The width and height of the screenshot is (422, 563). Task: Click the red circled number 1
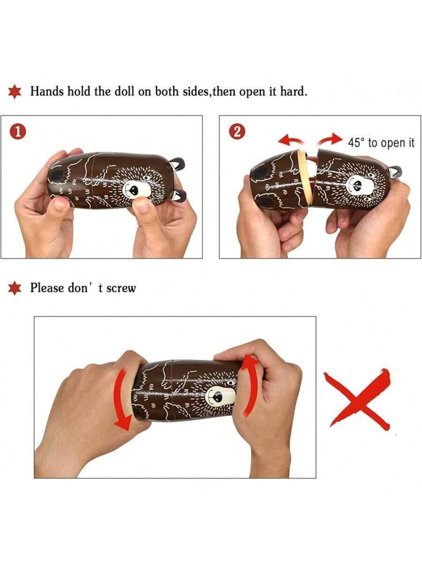click(x=18, y=132)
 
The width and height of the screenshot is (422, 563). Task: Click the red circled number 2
click(x=237, y=132)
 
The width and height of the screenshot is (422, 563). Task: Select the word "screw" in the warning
click(x=121, y=288)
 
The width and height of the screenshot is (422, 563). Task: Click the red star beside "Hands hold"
click(x=15, y=91)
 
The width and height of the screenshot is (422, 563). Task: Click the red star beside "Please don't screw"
click(x=15, y=288)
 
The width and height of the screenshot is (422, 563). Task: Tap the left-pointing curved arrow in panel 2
click(x=290, y=140)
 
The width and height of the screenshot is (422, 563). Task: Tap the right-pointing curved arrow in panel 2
click(x=330, y=139)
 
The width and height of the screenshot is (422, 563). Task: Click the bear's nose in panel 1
click(x=134, y=190)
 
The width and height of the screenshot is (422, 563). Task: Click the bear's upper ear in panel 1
click(x=177, y=163)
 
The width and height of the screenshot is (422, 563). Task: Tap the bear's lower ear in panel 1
click(x=180, y=196)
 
